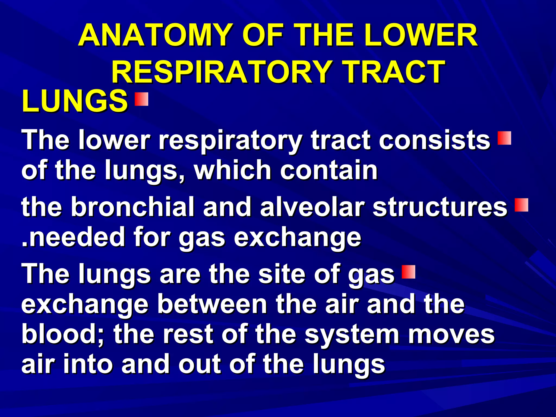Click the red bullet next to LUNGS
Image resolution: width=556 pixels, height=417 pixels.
pyautogui.click(x=141, y=99)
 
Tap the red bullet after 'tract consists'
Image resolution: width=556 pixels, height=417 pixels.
pyautogui.click(x=504, y=138)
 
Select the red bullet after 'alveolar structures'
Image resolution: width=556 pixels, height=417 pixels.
pyautogui.click(x=521, y=205)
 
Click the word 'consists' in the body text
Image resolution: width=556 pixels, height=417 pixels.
pyautogui.click(x=434, y=140)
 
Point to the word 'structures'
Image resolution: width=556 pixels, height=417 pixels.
pyautogui.click(x=440, y=207)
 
